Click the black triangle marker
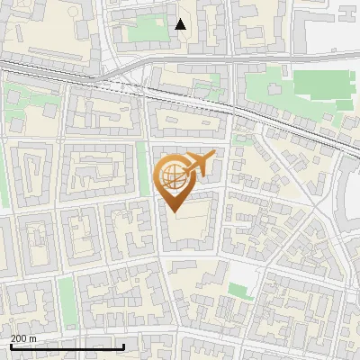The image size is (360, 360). [181, 24]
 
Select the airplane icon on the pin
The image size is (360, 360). [200, 164]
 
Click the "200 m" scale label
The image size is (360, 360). [23, 338]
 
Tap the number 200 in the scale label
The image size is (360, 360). [19, 338]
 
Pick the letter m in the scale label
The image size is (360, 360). [33, 338]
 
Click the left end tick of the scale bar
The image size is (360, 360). [10, 346]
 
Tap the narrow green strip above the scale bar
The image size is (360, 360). [67, 301]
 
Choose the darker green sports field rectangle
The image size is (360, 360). [322, 85]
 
